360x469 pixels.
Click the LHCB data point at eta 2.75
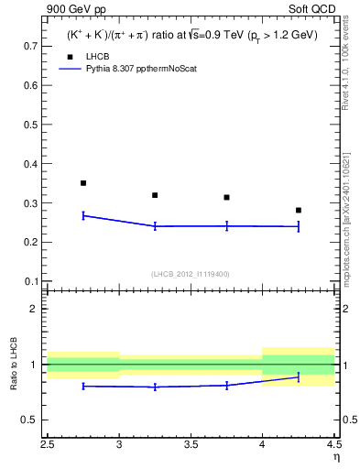(83, 183)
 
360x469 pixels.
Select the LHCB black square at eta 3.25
(155, 195)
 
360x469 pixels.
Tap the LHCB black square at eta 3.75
(226, 197)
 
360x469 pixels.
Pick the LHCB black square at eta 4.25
(298, 210)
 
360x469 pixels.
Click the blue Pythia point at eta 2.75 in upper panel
(83, 215)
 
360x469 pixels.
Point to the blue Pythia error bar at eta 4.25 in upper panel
(298, 226)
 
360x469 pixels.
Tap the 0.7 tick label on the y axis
(30, 46)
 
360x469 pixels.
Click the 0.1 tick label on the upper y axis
(30, 281)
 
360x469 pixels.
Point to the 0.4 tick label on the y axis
(30, 164)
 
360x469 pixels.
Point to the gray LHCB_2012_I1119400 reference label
(191, 274)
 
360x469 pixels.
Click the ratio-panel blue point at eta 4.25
(298, 377)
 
